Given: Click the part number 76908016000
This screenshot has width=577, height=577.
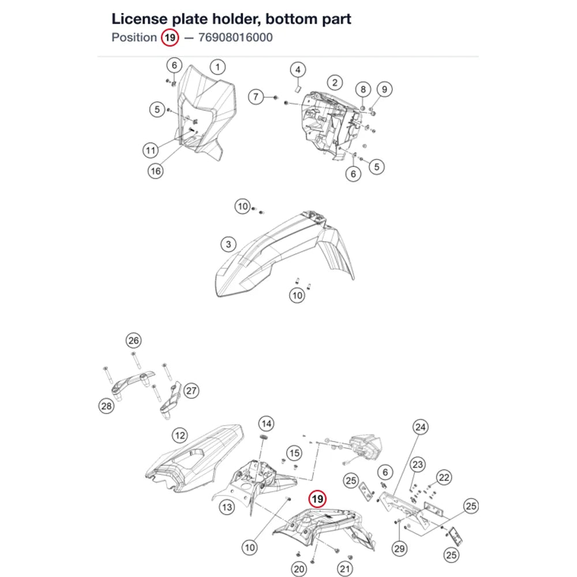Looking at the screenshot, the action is (x=235, y=38).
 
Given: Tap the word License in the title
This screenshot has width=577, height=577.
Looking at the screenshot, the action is (x=139, y=19).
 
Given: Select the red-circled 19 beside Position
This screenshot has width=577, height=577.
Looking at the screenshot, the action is (x=170, y=38).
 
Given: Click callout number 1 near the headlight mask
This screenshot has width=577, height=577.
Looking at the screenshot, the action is (x=218, y=67).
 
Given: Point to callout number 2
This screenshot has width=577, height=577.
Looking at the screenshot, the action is (x=335, y=83).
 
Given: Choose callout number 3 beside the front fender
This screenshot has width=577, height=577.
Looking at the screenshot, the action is (x=228, y=244).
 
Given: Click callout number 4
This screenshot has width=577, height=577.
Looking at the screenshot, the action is (x=298, y=70).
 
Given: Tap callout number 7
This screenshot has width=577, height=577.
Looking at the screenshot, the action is (x=256, y=97).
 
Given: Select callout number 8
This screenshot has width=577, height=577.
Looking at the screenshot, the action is (x=363, y=89).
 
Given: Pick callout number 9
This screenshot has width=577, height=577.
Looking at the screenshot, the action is (x=384, y=89).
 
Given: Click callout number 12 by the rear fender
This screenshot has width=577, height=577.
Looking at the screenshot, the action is (x=180, y=436).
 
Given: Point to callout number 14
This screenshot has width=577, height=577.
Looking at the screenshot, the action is (x=267, y=424).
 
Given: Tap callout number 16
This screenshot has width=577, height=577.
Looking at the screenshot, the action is (x=156, y=171).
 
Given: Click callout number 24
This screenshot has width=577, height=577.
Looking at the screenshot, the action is (x=420, y=427).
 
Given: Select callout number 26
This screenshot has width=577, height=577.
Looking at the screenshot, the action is (x=134, y=340).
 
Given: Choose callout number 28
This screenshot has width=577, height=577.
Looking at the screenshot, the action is (x=106, y=406).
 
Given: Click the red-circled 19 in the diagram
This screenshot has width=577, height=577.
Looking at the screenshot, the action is (x=317, y=499).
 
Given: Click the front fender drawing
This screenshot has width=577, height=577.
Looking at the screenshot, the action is (x=283, y=254).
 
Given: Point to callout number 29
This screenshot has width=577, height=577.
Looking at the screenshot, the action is (x=399, y=549).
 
